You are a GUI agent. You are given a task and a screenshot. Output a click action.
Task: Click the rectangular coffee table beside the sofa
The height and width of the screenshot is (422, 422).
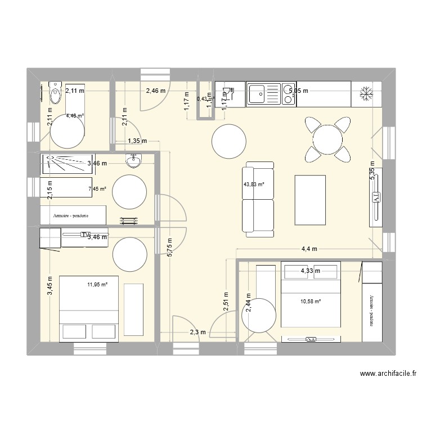310,199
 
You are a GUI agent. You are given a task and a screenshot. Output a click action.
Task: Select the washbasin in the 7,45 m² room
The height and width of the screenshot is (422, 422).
134,161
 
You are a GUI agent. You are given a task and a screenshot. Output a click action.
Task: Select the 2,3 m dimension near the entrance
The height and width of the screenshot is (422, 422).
197,333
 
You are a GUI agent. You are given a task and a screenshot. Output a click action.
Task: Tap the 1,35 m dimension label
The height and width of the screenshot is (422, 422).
137,141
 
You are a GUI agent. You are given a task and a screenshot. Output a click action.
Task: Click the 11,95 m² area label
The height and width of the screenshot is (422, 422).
97,285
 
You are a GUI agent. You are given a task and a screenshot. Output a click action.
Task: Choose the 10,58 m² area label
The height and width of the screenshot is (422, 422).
311,302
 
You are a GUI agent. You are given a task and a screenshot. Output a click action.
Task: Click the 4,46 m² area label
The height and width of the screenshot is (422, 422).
74,116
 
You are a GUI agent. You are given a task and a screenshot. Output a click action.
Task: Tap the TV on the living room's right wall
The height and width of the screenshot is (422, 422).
375,197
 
